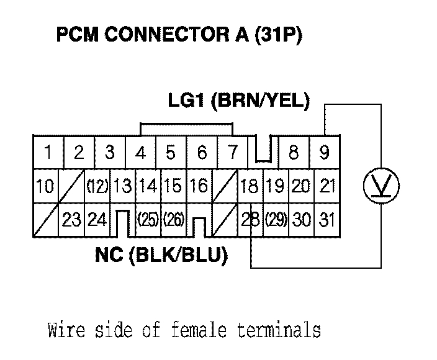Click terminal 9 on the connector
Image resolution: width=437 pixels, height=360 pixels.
[x=324, y=152]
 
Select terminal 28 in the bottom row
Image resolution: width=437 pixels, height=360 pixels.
[x=252, y=219]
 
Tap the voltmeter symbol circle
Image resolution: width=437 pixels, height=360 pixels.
[x=381, y=184]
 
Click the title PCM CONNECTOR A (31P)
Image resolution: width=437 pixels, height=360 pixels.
[x=179, y=35]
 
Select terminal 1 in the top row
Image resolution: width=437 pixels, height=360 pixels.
[x=48, y=152]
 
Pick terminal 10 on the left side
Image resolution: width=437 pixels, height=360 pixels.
[x=45, y=186]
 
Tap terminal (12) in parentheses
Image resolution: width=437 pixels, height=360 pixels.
[x=98, y=186]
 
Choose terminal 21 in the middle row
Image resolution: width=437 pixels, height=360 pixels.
[x=327, y=186]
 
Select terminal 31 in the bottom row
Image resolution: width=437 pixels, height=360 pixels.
[x=326, y=219]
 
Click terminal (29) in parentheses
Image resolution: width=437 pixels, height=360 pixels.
[x=276, y=219]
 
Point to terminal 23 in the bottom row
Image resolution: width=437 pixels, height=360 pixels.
[x=73, y=219]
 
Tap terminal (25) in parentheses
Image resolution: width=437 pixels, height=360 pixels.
[x=148, y=219]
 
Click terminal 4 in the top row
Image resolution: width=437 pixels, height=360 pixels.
[x=141, y=152]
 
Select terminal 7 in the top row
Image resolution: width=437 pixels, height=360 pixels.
[x=232, y=152]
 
